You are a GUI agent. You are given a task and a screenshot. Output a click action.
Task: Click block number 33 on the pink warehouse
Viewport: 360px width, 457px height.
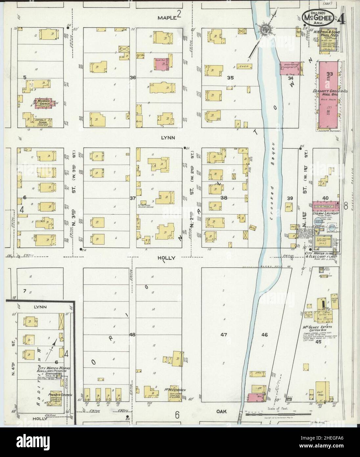(329, 74)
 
